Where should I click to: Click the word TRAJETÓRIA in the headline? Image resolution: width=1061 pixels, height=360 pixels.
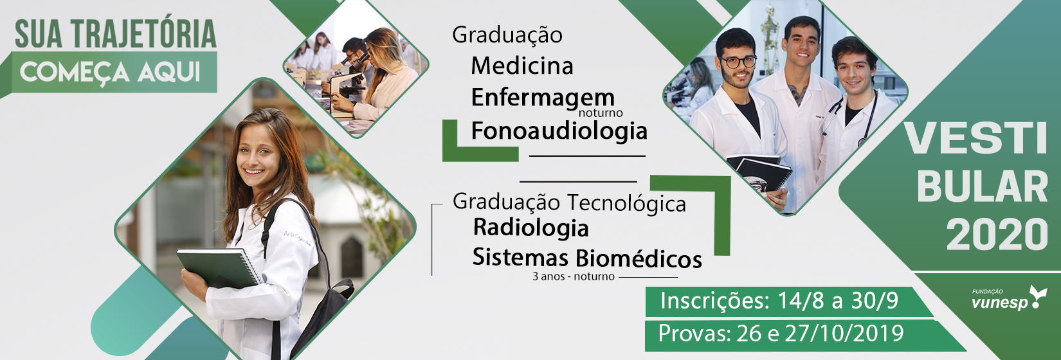pyautogui.click(x=144, y=34)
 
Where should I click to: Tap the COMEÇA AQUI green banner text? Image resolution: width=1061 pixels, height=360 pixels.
pyautogui.click(x=110, y=72)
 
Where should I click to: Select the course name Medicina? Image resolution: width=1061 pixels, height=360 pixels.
pyautogui.click(x=522, y=66)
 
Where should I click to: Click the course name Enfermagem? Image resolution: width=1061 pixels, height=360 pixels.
pyautogui.click(x=543, y=98)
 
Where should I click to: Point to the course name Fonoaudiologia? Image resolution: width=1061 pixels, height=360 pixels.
pyautogui.click(x=559, y=130)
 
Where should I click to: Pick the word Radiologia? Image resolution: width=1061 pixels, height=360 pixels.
pyautogui.click(x=531, y=228)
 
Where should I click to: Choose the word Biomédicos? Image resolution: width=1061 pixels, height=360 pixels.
pyautogui.click(x=639, y=258)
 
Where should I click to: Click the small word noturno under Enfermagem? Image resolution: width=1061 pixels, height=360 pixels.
pyautogui.click(x=601, y=113)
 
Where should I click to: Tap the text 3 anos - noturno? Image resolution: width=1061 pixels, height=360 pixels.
pyautogui.click(x=574, y=276)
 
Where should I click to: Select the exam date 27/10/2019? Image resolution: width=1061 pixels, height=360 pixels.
pyautogui.click(x=844, y=334)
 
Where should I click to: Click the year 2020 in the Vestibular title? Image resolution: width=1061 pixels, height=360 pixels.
pyautogui.click(x=997, y=235)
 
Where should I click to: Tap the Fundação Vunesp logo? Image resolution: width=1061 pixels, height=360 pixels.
pyautogui.click(x=1009, y=298)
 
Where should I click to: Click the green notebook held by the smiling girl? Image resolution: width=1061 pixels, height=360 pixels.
pyautogui.click(x=219, y=267)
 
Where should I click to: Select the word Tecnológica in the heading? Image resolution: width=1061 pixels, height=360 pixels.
pyautogui.click(x=627, y=203)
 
